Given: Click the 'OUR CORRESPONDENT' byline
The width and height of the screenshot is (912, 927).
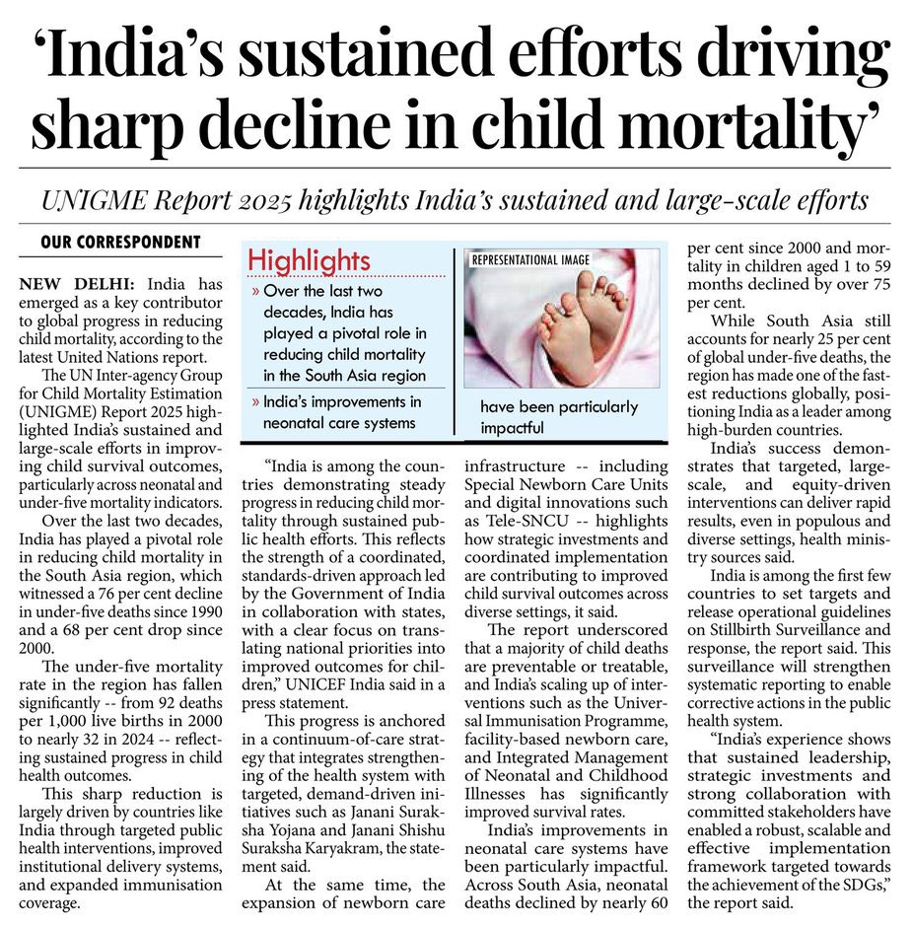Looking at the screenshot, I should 120,243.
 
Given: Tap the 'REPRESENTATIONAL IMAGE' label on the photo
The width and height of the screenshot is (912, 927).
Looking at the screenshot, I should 530,260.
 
